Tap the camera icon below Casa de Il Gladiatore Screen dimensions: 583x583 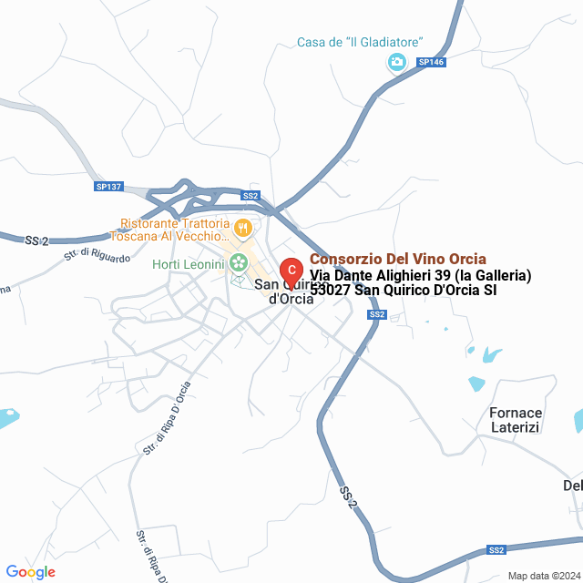(396, 62)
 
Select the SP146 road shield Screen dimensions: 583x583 (430, 62)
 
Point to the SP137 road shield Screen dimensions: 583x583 (107, 186)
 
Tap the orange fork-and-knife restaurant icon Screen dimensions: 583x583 (242, 228)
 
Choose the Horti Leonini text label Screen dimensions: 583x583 (187, 264)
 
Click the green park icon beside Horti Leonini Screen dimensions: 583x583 (239, 263)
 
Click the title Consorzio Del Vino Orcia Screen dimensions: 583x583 (398, 259)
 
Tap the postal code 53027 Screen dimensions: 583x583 (330, 291)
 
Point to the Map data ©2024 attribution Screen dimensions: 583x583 (544, 576)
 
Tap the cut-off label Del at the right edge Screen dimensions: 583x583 (573, 486)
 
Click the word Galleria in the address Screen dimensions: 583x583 (498, 275)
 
